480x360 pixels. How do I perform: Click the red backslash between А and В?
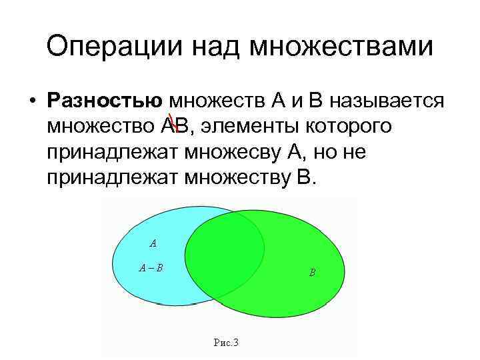click(171, 124)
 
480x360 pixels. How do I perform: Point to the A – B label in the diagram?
click(151, 269)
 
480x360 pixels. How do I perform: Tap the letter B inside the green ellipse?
click(312, 273)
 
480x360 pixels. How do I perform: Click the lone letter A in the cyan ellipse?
click(153, 243)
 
